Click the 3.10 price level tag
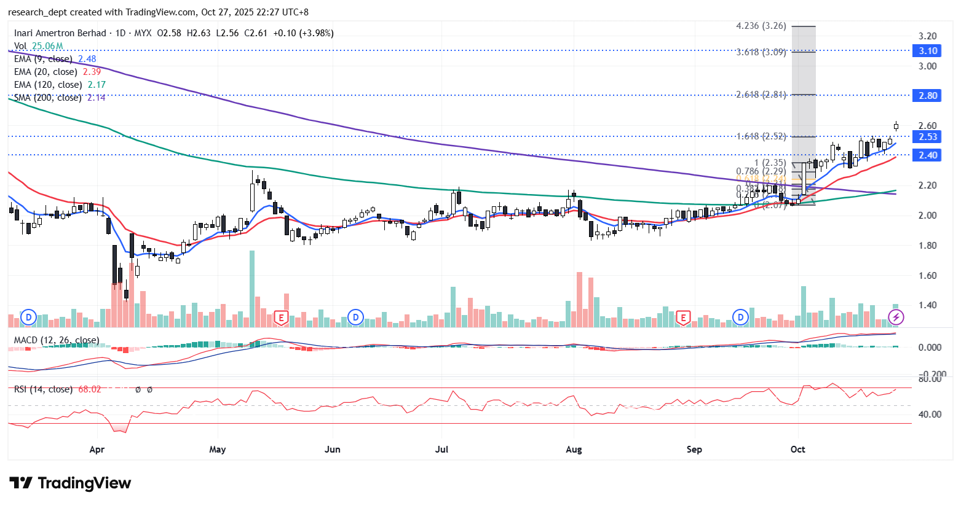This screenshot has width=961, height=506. point(928,51)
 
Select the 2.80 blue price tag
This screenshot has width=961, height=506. point(928,95)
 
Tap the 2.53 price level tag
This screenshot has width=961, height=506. point(928,137)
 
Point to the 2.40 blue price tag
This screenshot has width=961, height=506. point(928,155)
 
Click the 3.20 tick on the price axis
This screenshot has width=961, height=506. point(927,36)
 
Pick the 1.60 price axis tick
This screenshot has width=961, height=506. point(927,276)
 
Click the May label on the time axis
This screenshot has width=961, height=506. point(218,450)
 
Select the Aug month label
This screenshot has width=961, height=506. point(574,450)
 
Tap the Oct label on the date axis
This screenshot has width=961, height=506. point(797,450)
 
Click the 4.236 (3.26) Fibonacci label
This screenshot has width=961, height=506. point(761,26)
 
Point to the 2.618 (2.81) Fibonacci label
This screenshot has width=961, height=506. point(761,95)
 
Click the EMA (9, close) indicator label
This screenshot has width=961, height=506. point(43,59)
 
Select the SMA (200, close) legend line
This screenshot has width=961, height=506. point(48,98)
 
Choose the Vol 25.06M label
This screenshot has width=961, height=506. point(39,46)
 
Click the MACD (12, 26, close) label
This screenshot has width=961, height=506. point(57,340)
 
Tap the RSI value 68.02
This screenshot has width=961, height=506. point(90,389)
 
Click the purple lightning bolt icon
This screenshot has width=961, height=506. point(896,317)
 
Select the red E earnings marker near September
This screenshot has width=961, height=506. point(682,317)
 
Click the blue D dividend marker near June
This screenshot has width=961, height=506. point(355,317)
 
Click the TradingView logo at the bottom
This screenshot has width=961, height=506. point(70,483)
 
